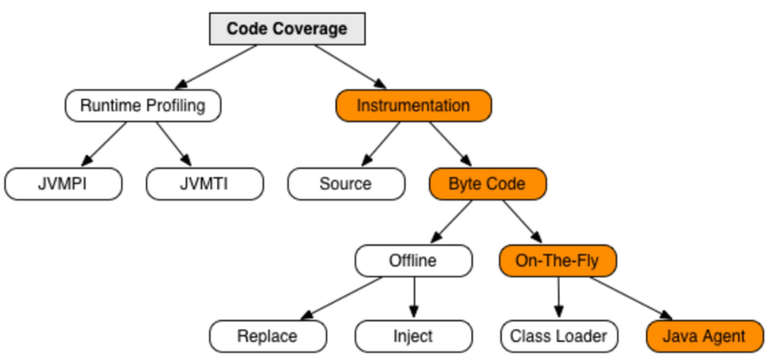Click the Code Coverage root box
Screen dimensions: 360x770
(286, 29)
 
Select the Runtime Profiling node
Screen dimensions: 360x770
(143, 106)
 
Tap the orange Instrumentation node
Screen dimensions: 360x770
(413, 106)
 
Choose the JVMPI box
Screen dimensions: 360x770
(63, 184)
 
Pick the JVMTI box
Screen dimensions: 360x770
(205, 184)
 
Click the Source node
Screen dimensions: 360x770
(346, 184)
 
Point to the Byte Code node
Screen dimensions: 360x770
(487, 184)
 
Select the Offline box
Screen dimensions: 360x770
(413, 262)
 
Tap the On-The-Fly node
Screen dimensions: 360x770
(558, 262)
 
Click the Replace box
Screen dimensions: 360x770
(267, 335)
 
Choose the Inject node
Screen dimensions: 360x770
(413, 335)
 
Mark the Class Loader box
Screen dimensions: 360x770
(558, 335)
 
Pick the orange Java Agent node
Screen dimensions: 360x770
(704, 335)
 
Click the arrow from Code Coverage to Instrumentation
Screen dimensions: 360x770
(349, 66)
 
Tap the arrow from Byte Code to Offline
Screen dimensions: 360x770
(451, 222)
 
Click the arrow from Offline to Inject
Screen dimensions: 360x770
(413, 298)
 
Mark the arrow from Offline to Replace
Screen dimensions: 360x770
(339, 297)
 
